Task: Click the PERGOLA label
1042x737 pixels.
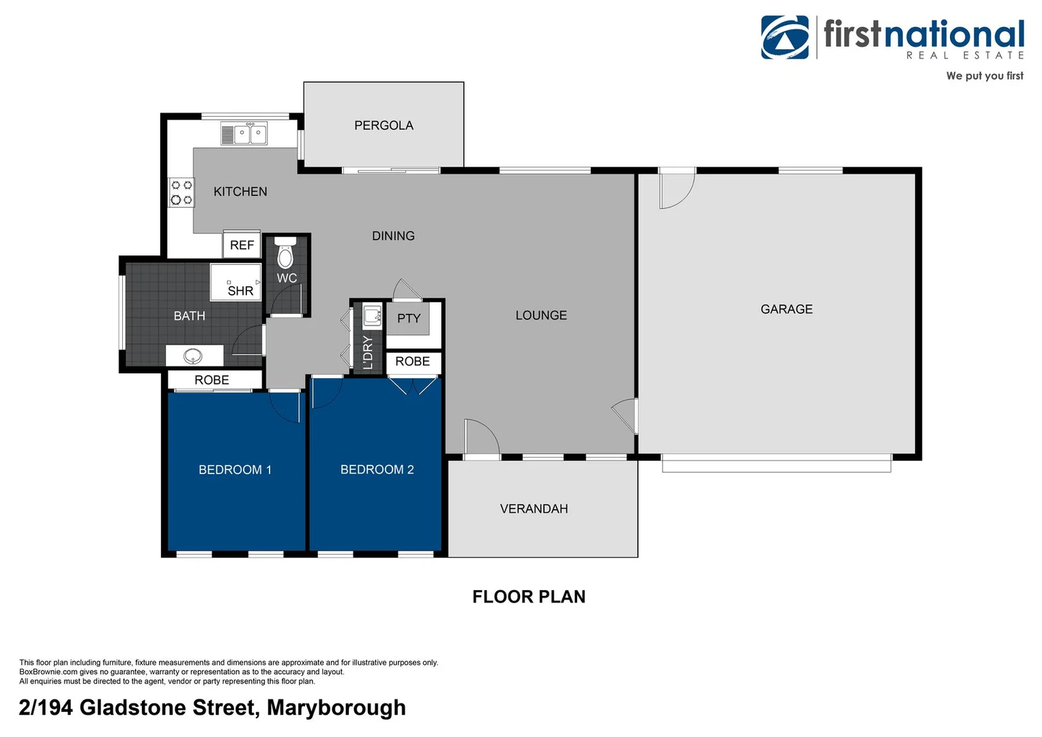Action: [383, 126]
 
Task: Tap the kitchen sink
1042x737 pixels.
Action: [244, 133]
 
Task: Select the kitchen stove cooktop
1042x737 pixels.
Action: [182, 192]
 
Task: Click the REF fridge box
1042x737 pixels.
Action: [242, 245]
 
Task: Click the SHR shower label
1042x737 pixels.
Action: [240, 291]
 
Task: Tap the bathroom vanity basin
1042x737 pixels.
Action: [194, 356]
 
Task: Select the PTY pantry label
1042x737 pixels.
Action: [409, 318]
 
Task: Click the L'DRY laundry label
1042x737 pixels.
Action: [368, 352]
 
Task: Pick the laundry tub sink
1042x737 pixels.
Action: [372, 315]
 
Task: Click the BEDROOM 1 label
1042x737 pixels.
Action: [235, 469]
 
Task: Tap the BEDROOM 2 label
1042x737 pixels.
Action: [377, 469]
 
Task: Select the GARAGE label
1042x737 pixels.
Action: [786, 309]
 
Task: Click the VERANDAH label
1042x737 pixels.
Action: [534, 508]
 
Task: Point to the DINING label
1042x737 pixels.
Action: [393, 236]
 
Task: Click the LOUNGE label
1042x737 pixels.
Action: [541, 315]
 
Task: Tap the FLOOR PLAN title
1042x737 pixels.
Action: [529, 596]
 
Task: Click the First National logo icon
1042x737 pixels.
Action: [785, 38]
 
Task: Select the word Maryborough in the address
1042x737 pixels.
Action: [336, 708]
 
